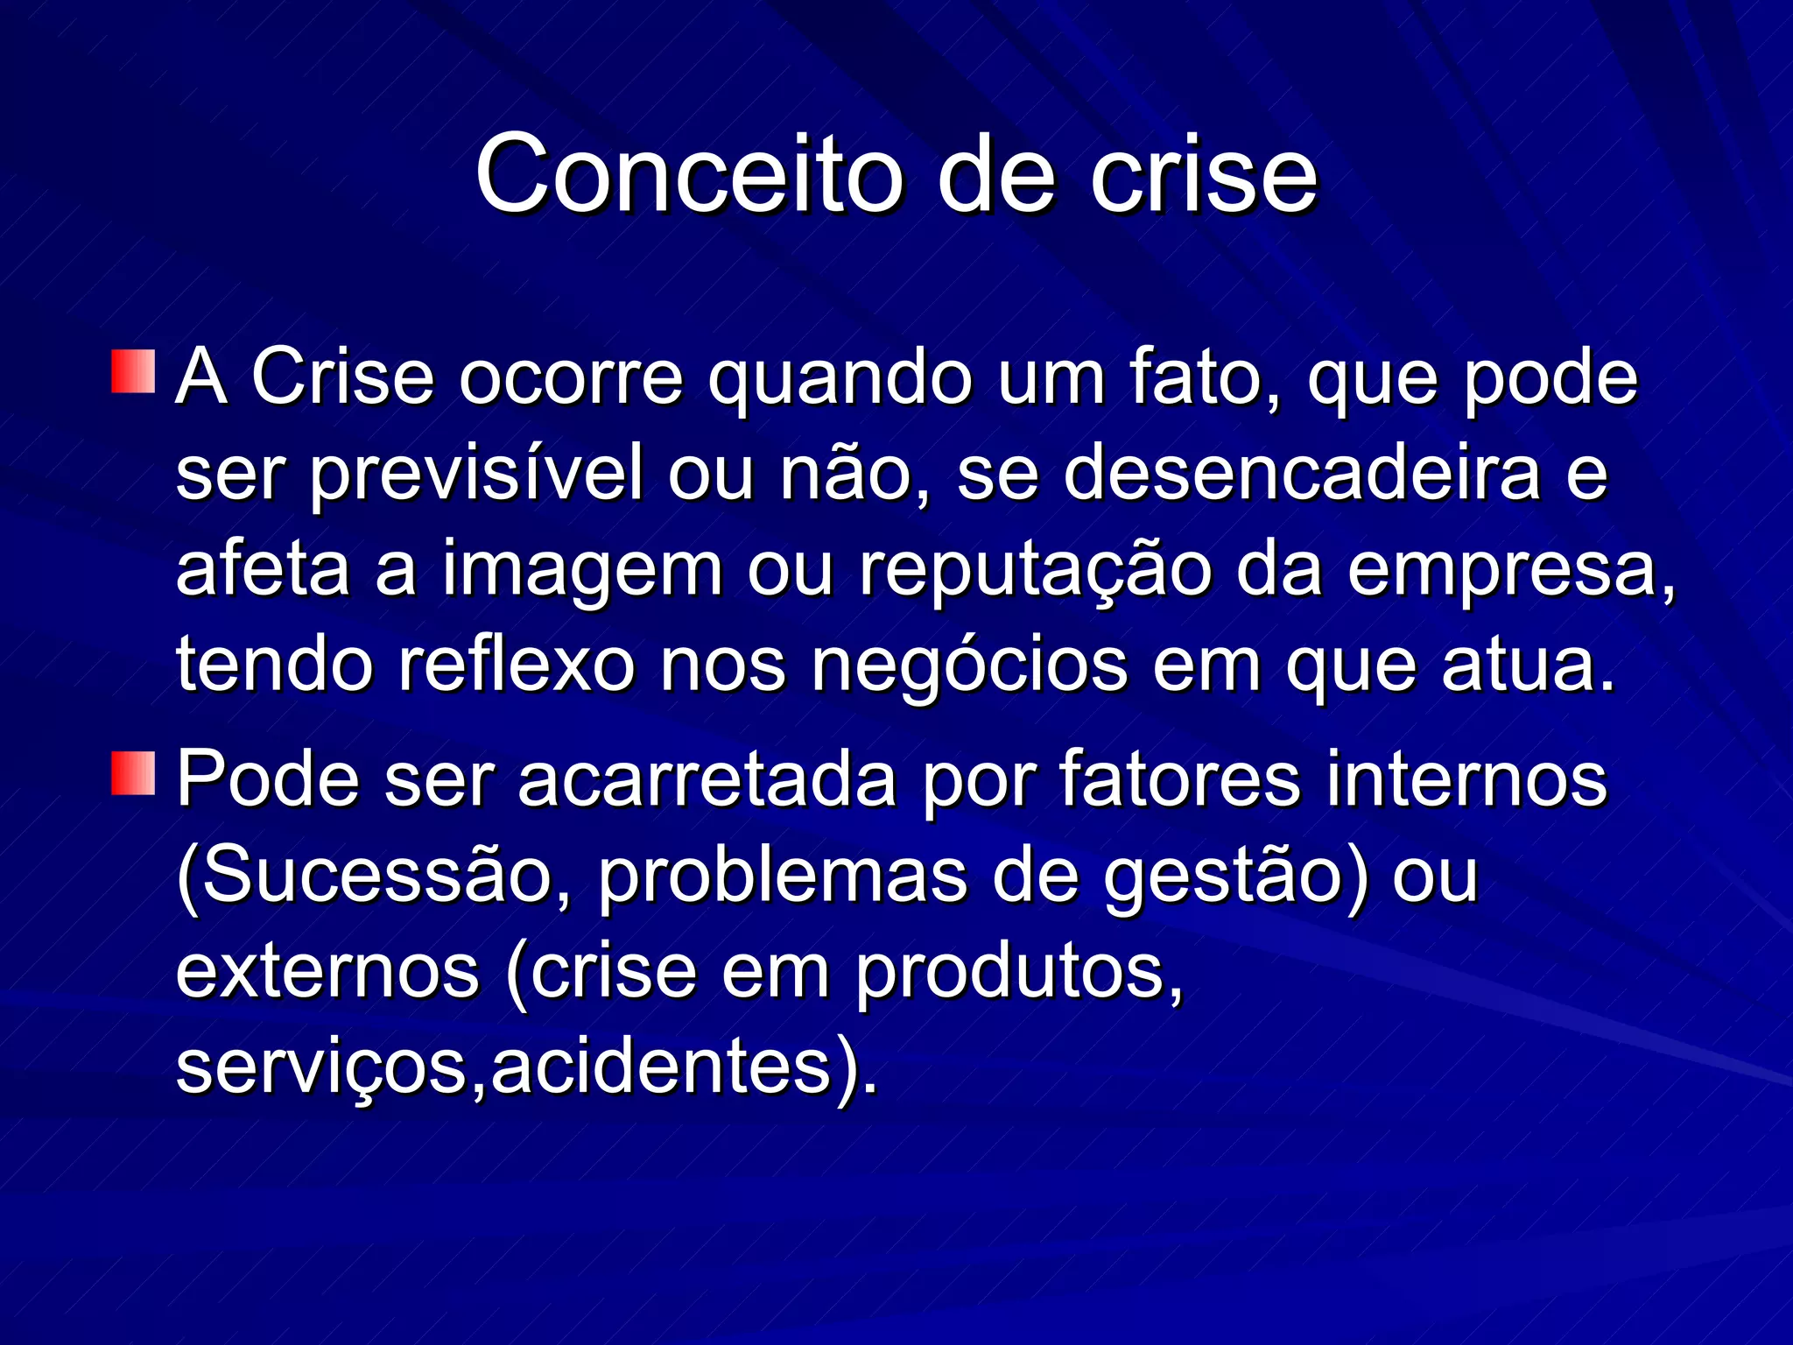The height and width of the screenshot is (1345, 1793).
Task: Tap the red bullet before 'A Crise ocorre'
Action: pos(133,372)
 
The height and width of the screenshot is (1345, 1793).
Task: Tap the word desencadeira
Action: pos(1302,473)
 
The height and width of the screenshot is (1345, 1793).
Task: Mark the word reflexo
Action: pos(517,665)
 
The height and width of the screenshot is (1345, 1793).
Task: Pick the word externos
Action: pos(327,972)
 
